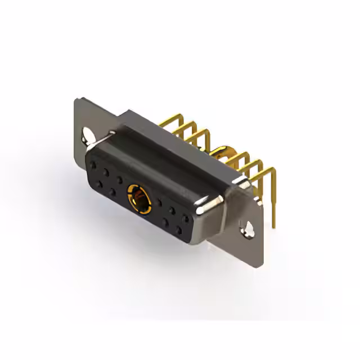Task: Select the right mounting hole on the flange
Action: pyautogui.click(x=247, y=228)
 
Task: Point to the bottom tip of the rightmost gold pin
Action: pyautogui.click(x=273, y=225)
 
